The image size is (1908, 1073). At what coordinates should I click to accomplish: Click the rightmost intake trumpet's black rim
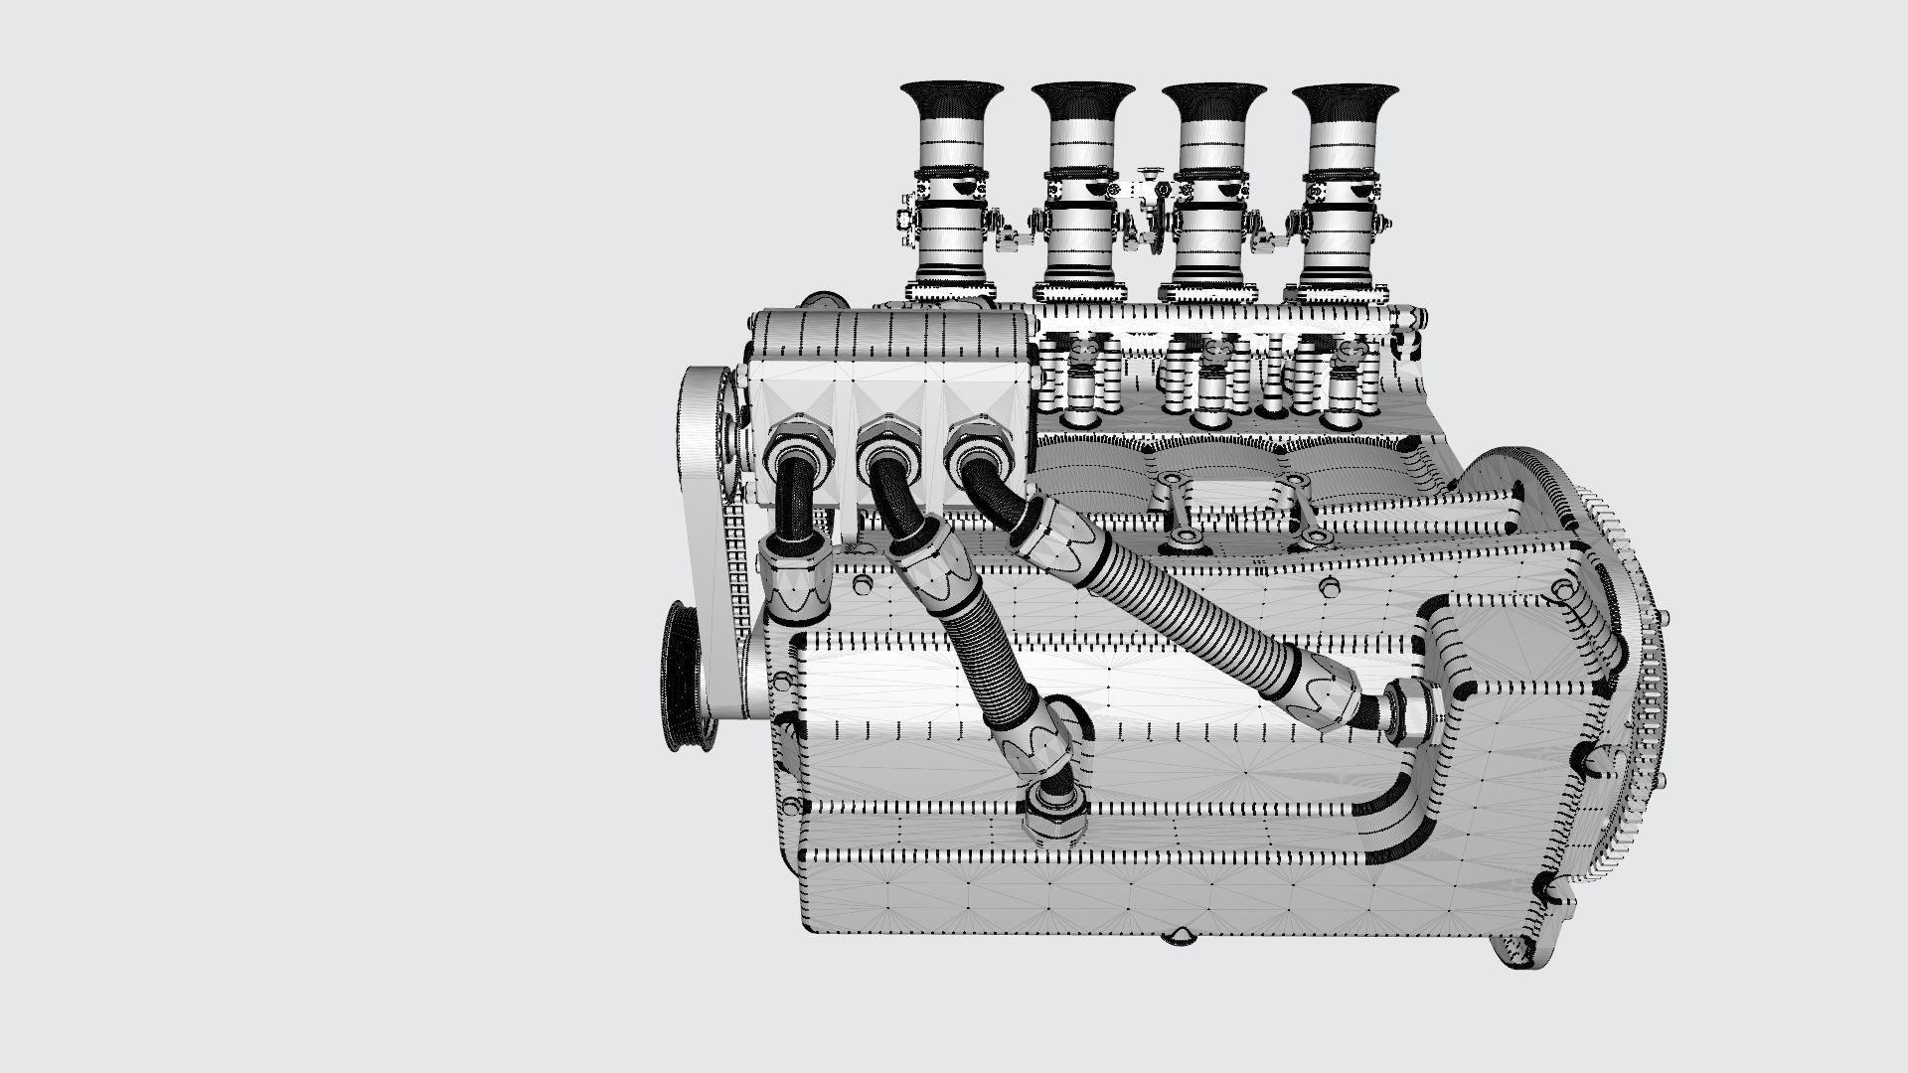[1344, 97]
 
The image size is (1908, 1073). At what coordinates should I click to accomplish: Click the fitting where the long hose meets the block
[1411, 710]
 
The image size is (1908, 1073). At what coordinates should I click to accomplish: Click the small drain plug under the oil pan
[1181, 937]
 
